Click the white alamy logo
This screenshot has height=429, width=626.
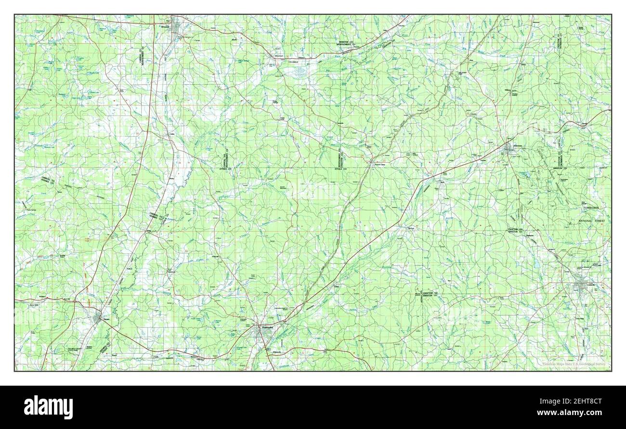click(48, 407)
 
